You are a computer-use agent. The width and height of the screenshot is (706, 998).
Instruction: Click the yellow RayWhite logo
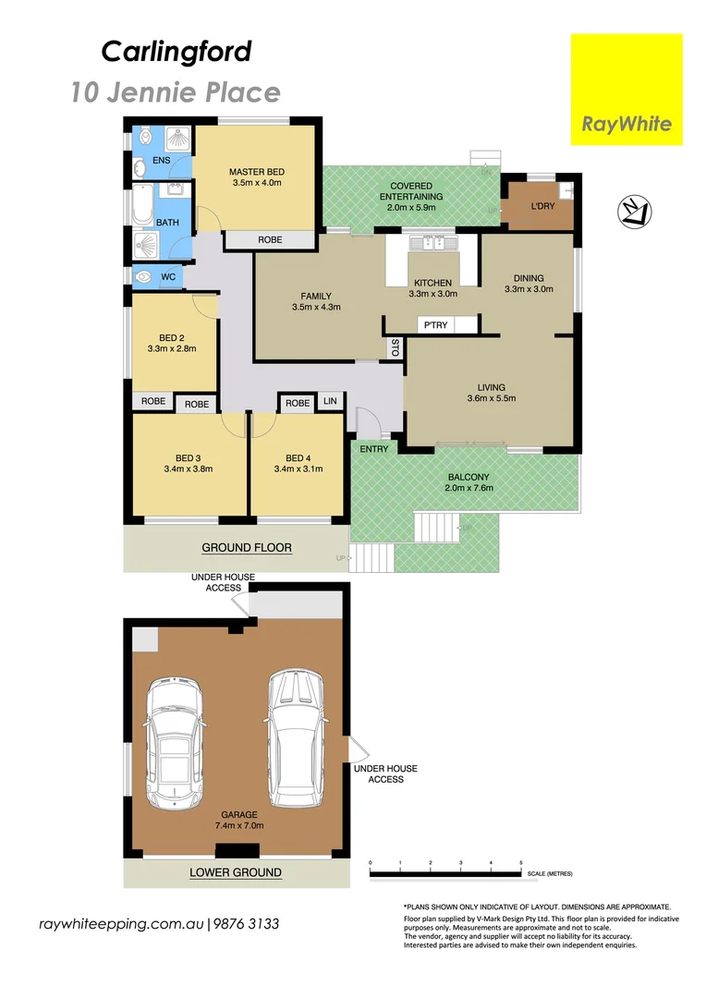627,90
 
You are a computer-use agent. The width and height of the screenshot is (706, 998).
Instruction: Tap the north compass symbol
632,213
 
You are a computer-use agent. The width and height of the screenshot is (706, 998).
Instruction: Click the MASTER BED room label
256,172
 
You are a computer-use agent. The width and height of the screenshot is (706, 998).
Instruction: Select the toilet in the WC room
144,276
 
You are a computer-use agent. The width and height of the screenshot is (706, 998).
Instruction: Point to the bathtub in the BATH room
142,205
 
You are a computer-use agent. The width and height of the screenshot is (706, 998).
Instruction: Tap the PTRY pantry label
432,325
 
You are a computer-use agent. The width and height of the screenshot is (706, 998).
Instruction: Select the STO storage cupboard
395,347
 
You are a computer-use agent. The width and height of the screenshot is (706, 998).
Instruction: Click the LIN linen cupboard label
330,403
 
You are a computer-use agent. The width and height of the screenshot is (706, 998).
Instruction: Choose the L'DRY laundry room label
542,206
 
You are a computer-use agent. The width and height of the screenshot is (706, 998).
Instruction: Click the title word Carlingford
176,52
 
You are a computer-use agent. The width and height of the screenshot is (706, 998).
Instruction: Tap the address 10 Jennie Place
176,92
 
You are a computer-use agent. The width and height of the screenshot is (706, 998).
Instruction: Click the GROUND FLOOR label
247,548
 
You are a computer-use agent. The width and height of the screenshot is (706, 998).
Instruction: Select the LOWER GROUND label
236,872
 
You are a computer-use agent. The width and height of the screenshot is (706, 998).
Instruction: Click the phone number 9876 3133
247,924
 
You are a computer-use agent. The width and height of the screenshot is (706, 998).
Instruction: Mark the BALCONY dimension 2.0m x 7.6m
469,488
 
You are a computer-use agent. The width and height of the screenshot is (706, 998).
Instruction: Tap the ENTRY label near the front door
374,448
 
